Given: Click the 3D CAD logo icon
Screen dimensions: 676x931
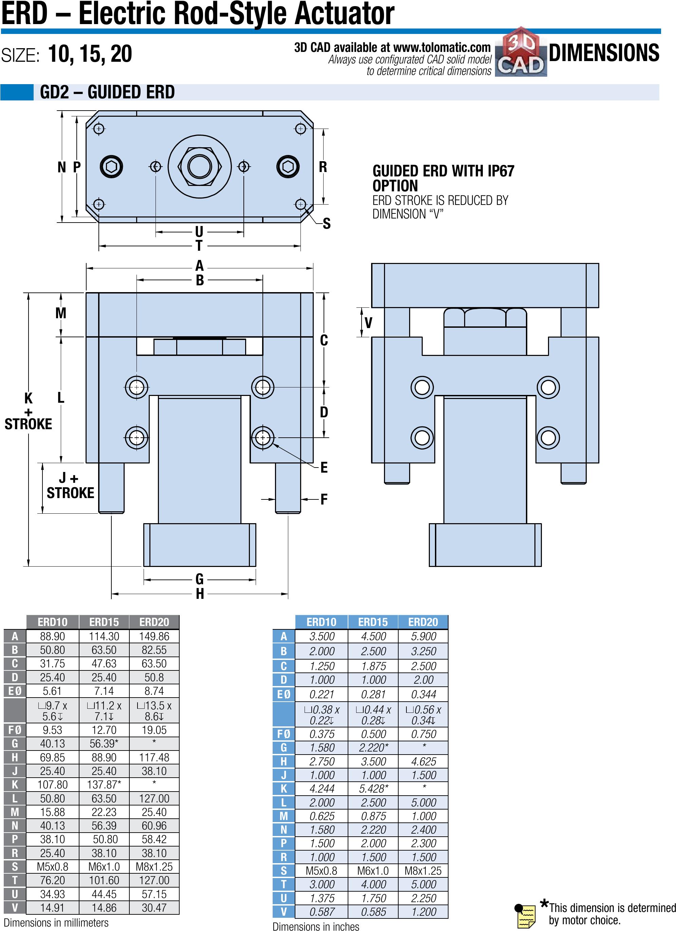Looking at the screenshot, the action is coord(521,52).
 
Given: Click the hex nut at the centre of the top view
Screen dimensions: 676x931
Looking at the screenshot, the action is coord(200,167).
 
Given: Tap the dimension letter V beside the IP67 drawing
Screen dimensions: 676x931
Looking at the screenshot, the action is coord(368,323).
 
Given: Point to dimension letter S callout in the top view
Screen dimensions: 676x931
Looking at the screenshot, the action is coord(327,224).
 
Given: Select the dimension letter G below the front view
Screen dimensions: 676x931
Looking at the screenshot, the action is coord(200,579).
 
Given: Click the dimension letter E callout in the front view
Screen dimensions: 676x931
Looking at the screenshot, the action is coord(324,467).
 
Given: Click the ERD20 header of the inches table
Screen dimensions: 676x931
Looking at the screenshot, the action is coord(423,622).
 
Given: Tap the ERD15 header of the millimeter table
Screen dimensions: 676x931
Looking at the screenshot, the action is coord(104,622).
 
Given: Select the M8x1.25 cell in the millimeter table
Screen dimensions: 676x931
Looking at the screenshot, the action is coord(154,867).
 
